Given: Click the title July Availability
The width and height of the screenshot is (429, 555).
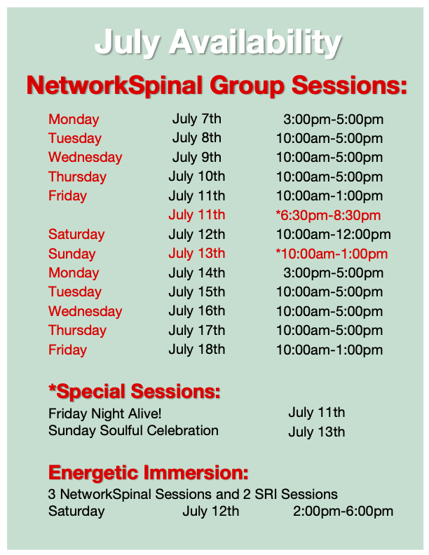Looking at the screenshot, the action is click(218, 43).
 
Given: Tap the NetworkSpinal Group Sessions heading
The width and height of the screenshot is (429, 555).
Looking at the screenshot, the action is click(217, 85).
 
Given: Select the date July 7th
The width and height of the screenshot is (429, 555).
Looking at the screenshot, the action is click(197, 119).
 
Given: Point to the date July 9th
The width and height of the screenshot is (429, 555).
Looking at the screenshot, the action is click(197, 158).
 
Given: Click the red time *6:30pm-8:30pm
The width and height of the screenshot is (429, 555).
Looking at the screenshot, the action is click(328, 215).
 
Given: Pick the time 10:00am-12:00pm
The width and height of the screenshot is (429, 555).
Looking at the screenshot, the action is click(334, 234).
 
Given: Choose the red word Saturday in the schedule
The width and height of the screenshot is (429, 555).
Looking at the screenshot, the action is click(76, 234).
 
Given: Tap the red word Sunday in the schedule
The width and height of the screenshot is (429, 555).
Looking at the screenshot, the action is click(72, 254).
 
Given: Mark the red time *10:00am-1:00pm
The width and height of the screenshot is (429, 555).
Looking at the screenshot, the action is click(332, 254).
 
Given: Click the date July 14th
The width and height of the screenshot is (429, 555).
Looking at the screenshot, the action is click(197, 273).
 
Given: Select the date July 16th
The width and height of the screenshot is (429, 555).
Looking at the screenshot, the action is click(197, 311).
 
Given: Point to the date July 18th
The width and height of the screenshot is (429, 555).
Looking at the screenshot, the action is click(197, 350).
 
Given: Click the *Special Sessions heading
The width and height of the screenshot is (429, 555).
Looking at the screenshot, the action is click(135, 392).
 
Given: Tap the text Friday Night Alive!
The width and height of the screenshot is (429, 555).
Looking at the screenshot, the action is click(104, 413).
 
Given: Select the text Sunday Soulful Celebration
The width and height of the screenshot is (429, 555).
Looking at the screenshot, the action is click(133, 431).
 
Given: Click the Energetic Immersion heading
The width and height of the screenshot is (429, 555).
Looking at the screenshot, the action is click(149, 472).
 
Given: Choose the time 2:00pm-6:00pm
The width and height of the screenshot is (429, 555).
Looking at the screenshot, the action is click(343, 512).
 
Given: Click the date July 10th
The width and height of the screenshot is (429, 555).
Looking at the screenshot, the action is click(197, 177).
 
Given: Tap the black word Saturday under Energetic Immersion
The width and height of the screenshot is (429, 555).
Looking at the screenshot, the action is click(76, 512).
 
